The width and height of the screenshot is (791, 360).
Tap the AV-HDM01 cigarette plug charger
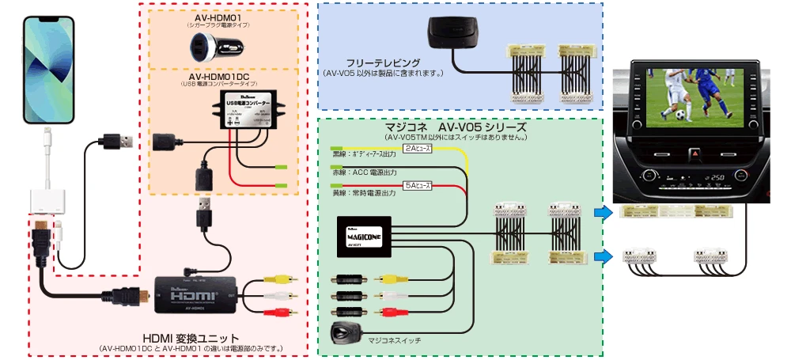tap(210, 47)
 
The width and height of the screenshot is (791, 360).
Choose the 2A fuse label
tap(418, 148)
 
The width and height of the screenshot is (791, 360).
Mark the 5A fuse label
tap(417, 186)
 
